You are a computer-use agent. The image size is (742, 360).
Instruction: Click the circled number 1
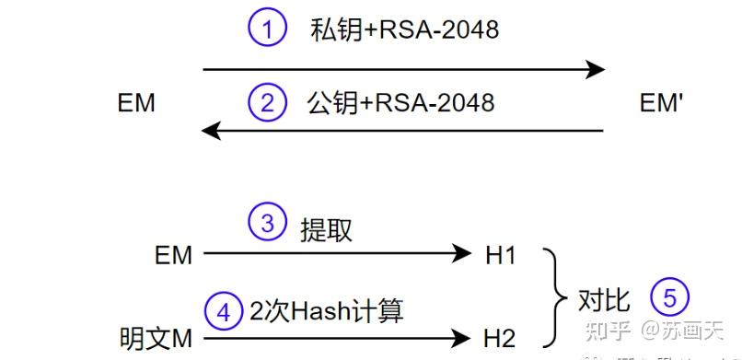click(x=267, y=29)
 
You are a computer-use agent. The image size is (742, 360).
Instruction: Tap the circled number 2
click(x=267, y=101)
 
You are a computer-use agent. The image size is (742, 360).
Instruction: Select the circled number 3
click(x=267, y=224)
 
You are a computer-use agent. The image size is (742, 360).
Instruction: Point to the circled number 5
click(x=669, y=297)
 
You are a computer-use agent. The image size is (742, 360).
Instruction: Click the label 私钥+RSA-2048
click(x=405, y=30)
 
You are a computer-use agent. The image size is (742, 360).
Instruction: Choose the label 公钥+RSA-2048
click(x=400, y=101)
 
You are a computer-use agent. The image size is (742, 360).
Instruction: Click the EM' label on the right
click(x=661, y=103)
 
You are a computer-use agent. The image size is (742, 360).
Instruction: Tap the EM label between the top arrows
click(x=136, y=103)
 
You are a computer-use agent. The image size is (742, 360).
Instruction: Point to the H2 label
click(x=501, y=338)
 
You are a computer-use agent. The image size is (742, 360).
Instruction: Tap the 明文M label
click(x=157, y=338)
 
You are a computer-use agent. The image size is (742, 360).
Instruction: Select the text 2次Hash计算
click(x=327, y=311)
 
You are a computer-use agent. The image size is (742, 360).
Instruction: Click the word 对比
click(x=604, y=299)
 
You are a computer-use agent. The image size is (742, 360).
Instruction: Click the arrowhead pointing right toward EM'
click(x=596, y=69)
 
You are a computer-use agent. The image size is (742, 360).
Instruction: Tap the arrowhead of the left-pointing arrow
click(x=213, y=131)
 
